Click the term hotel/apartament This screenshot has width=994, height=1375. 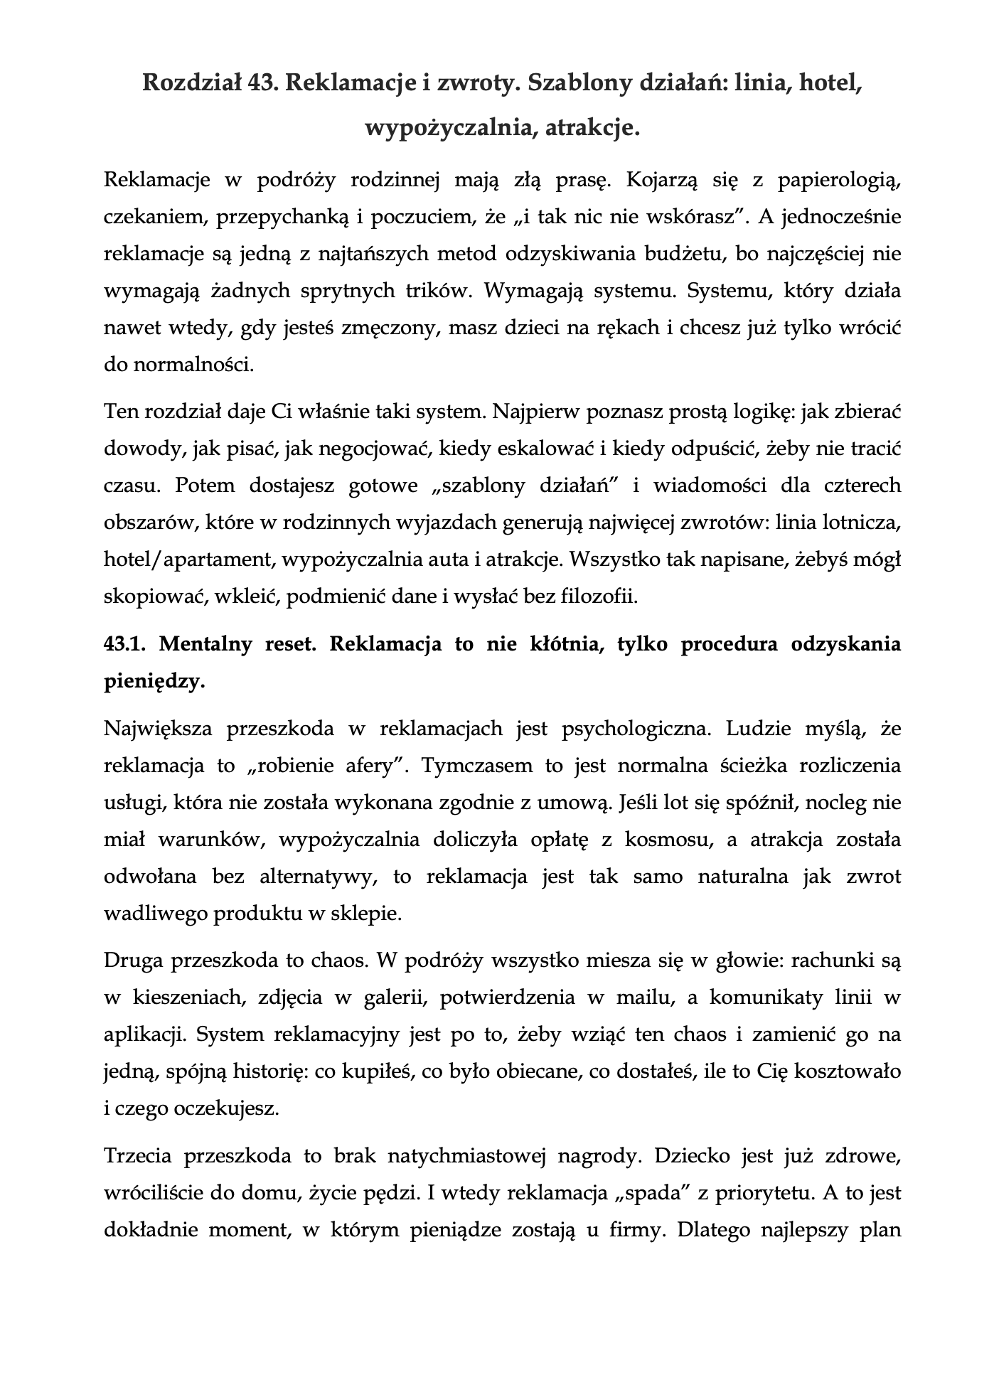(x=189, y=560)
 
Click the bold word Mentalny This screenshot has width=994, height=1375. (x=207, y=644)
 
